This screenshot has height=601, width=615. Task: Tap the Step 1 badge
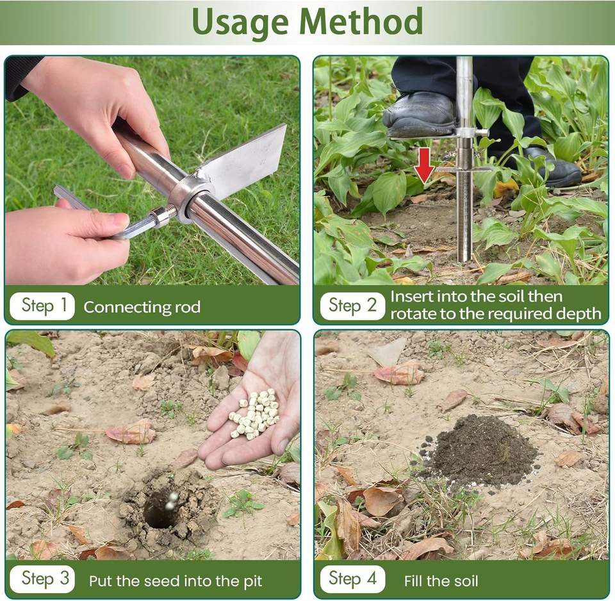click(x=42, y=306)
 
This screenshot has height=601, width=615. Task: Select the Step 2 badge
click(x=352, y=306)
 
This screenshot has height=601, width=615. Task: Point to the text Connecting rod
click(x=142, y=307)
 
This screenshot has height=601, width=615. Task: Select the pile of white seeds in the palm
click(x=254, y=414)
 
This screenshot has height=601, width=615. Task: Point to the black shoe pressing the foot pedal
click(x=419, y=114)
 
